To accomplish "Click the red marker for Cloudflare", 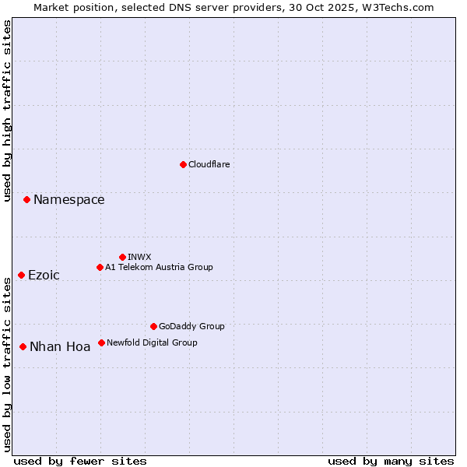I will point(183,164).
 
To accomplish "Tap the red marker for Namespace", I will point(26,200).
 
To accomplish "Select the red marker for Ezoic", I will point(21,276).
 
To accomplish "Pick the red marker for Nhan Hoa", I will point(23,346).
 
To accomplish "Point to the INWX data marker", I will point(122,257).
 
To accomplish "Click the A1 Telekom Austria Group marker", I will point(100,267).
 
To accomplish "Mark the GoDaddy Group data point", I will point(153,326).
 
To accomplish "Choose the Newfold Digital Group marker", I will point(101,342).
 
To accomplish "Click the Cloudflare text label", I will point(209,164).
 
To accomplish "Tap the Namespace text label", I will point(68,200).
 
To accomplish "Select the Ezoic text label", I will point(44,276).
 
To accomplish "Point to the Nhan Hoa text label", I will point(60,347).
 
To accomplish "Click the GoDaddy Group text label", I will point(191,326).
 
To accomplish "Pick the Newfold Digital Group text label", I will point(152,342).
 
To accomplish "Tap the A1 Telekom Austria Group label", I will point(159,267).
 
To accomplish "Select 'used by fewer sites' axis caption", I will point(80,461).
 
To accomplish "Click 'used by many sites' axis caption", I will point(391,461).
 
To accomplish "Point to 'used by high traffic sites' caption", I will point(8,111).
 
